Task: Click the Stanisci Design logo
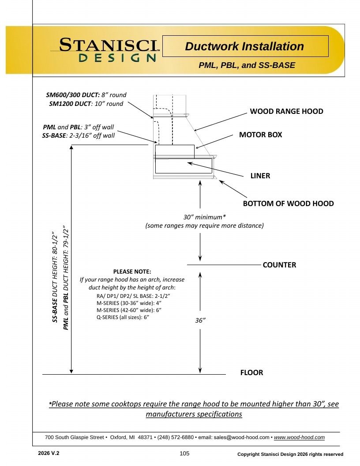(105, 49)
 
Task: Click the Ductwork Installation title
(244, 46)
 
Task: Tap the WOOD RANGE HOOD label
(286, 112)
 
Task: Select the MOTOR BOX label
(260, 135)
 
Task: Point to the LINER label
(260, 176)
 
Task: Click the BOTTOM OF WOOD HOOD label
(288, 203)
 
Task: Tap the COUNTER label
(279, 265)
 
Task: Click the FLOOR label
(251, 373)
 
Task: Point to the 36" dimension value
(200, 320)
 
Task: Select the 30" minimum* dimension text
(204, 217)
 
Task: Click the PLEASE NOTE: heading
(132, 272)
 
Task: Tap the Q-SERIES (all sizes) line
(123, 317)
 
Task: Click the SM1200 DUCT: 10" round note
(86, 104)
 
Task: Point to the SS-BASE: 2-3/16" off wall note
(79, 135)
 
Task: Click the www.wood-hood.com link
(299, 437)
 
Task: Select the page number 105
(184, 454)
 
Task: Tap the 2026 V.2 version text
(49, 453)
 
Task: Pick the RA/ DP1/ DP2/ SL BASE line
(133, 296)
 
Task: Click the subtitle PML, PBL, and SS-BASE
(247, 65)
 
